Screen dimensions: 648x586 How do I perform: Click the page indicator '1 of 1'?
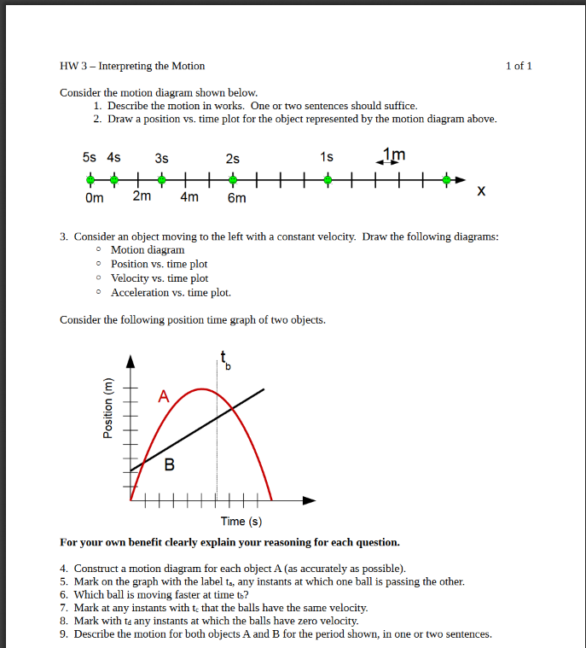518,66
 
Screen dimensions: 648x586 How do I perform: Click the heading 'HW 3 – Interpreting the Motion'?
132,66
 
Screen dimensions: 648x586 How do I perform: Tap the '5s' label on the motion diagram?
90,158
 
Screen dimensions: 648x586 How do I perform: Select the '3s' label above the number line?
161,158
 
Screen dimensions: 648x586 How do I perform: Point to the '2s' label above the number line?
233,158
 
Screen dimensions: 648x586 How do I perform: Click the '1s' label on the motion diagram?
327,157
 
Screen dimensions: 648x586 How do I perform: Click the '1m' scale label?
394,154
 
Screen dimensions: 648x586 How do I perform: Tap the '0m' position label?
94,197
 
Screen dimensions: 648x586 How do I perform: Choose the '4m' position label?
189,197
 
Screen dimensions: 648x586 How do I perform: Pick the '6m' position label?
236,198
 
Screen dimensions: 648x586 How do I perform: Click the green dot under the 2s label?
233,180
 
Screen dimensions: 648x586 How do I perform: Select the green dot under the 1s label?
328,180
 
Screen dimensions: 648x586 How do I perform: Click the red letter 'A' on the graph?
164,397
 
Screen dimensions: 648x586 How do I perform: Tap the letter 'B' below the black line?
169,465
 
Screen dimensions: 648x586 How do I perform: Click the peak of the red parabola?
201,389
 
